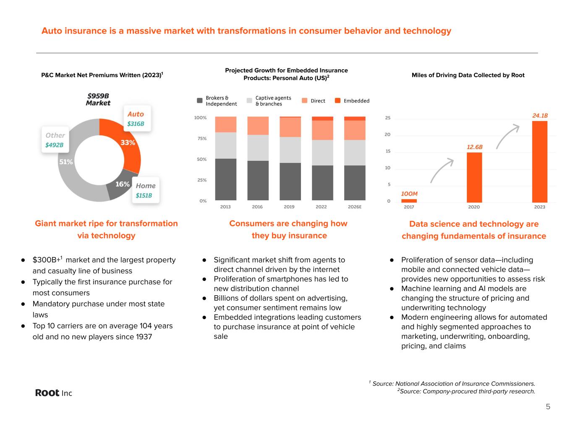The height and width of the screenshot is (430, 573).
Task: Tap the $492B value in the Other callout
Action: pos(55,145)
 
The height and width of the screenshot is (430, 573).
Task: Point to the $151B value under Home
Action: pos(144,196)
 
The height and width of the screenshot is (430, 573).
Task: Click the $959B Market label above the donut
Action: pos(98,100)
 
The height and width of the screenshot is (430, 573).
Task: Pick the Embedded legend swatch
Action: pos(338,101)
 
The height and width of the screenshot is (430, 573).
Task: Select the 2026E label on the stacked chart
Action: pos(355,207)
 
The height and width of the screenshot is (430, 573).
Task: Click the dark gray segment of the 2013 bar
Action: pos(225,179)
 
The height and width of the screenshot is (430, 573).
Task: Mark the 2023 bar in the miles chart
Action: pos(539,162)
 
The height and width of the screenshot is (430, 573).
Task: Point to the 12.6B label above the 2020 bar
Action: pos(475,147)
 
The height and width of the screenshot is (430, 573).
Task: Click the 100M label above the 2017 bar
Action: pos(409,194)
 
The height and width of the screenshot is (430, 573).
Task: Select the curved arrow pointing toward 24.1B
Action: pos(508,135)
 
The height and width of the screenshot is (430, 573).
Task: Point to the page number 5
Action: pos(548,406)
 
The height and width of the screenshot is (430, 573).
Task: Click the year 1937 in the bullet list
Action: pos(144,337)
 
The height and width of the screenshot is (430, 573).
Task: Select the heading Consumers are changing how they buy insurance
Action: pos(288,229)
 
